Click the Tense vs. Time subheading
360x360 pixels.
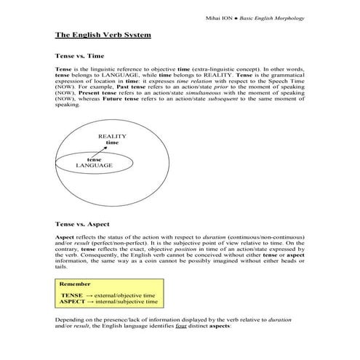pos(79,55)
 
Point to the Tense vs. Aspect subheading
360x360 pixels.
pos(82,225)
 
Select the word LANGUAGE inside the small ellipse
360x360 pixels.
pos(94,166)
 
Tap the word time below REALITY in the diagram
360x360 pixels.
pos(112,143)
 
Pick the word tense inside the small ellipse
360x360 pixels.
pos(94,159)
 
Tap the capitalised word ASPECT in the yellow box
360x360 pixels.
pos(73,301)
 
